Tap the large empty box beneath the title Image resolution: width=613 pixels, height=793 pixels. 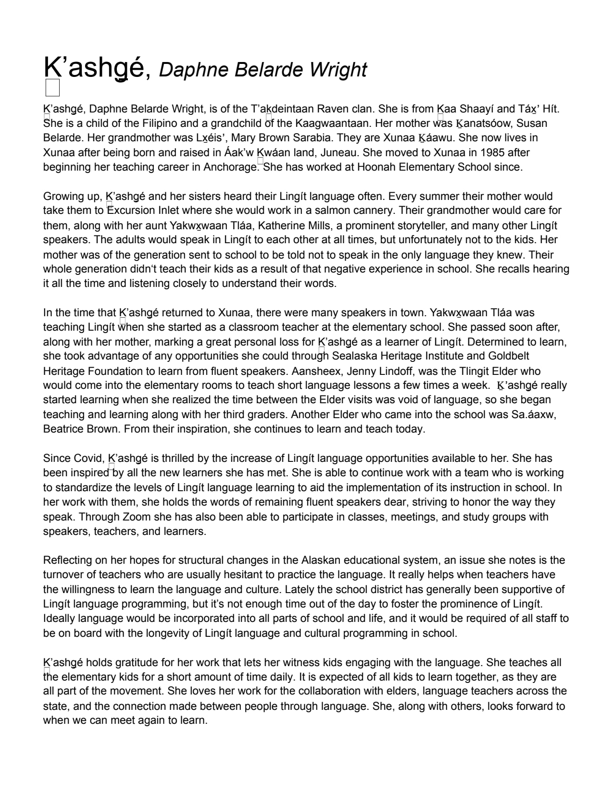click(52, 88)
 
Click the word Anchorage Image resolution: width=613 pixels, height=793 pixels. click(231, 167)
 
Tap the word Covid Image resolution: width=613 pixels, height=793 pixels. click(87, 458)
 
